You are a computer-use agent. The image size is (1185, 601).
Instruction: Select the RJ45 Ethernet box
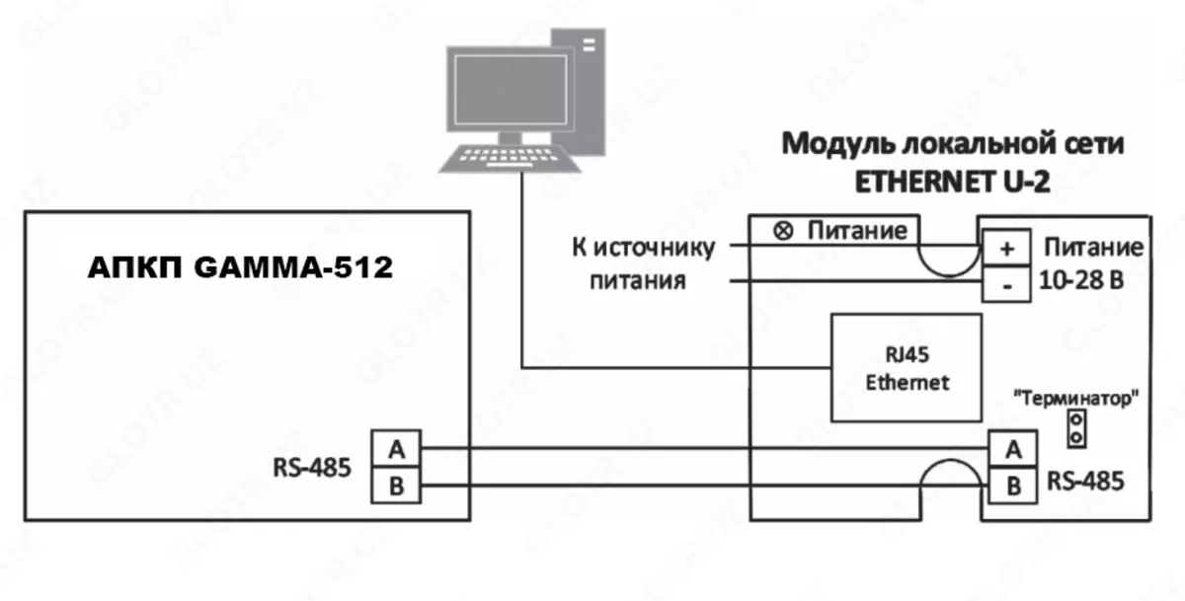point(907,368)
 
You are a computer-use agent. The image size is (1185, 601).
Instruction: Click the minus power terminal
point(1006,282)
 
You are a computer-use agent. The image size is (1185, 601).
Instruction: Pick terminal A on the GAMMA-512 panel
point(397,449)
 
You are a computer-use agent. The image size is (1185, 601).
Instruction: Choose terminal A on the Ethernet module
point(1011,449)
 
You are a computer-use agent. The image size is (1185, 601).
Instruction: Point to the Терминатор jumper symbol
point(1077,428)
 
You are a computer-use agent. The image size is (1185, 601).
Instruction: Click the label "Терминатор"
point(1077,399)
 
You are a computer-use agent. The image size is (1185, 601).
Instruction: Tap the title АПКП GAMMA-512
point(240,267)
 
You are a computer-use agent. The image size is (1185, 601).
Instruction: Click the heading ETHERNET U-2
point(952,183)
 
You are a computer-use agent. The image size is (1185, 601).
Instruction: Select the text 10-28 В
point(1082,281)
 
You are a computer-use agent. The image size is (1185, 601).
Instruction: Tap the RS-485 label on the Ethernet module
point(1085,482)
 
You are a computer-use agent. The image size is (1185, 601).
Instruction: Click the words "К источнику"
point(642,247)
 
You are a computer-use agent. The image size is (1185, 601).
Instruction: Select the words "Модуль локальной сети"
point(953,144)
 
